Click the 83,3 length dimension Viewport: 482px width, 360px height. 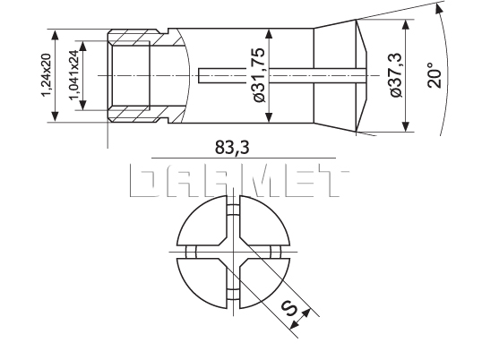[x=236, y=148]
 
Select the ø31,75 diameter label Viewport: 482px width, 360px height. [x=261, y=78]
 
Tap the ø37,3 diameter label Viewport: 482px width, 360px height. [x=392, y=77]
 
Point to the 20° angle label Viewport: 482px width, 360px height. [x=435, y=74]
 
